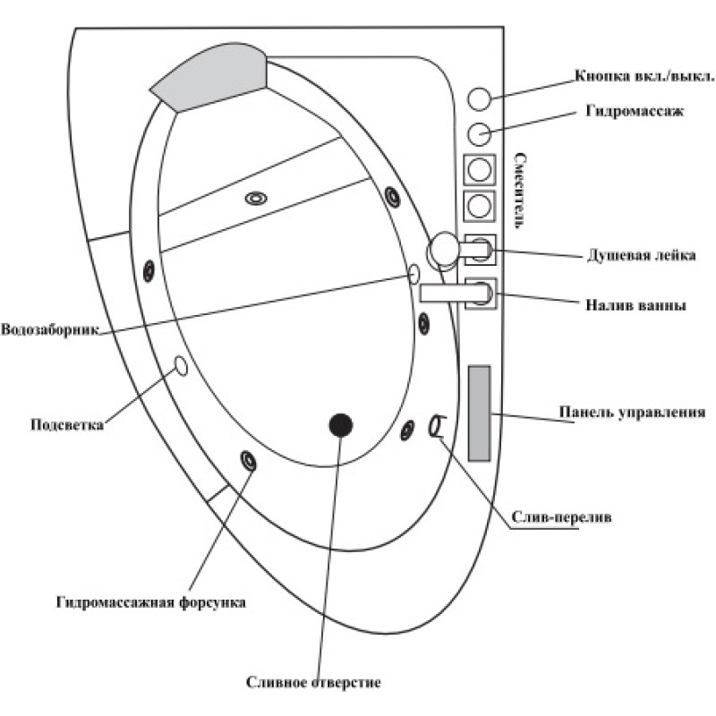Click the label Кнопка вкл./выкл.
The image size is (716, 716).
point(644,75)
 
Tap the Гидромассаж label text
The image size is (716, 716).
point(635,110)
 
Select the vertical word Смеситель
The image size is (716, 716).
point(520,191)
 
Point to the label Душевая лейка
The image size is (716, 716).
point(641,255)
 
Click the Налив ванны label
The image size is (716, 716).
point(635,304)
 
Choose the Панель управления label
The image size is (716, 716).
point(632,412)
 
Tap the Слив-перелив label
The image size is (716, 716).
point(561,517)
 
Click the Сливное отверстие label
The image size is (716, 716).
point(313,682)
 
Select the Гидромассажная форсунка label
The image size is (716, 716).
point(151,602)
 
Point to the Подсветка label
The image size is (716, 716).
point(66,424)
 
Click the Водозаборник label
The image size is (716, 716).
point(50,329)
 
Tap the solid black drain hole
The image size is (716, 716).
point(341,425)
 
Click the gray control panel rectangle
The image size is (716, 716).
point(480,413)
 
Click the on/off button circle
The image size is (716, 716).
point(479,98)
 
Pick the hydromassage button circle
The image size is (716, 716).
point(479,133)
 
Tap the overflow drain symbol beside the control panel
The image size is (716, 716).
point(435,426)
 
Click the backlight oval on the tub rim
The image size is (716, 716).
point(182,366)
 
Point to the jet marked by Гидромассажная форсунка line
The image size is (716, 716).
point(249,460)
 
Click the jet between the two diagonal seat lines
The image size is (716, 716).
point(256,198)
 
